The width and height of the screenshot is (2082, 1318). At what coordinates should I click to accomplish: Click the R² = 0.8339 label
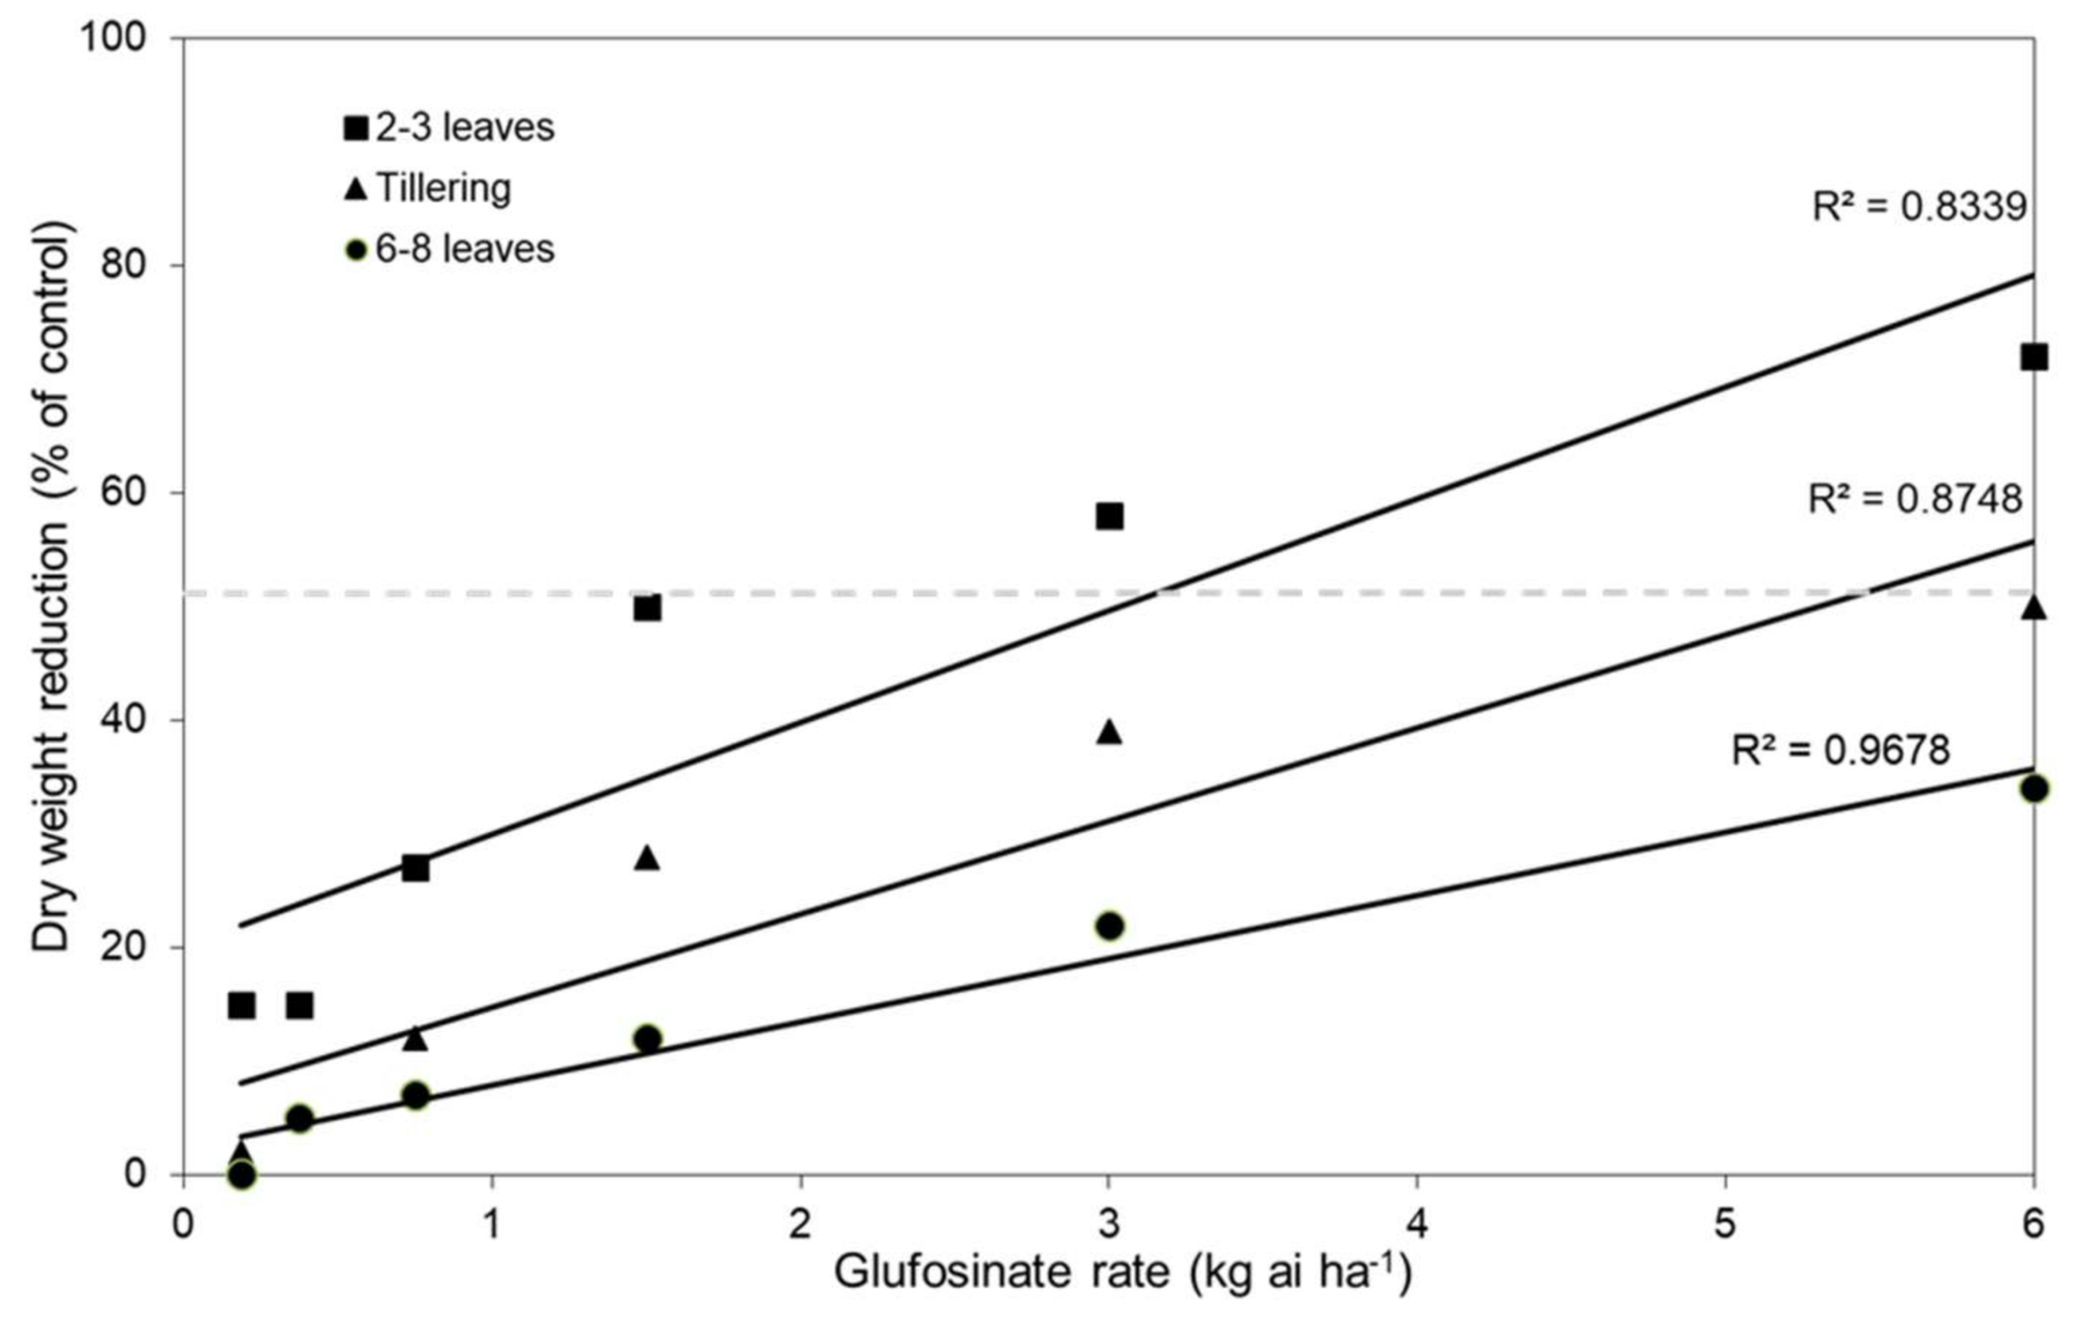[1920, 207]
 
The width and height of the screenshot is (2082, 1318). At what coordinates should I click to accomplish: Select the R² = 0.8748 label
[1916, 498]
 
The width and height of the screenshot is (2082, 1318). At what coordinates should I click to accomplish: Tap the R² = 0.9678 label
[1841, 749]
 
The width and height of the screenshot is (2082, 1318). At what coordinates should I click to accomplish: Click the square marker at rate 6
[2034, 357]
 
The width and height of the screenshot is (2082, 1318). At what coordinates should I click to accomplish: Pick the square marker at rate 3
[1109, 517]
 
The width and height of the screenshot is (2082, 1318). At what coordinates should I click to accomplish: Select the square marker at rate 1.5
[647, 608]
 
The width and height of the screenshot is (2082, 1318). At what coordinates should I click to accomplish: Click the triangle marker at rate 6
[2034, 608]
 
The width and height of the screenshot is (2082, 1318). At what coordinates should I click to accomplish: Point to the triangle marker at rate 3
[1109, 732]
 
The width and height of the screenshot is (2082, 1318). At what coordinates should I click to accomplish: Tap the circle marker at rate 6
[2034, 789]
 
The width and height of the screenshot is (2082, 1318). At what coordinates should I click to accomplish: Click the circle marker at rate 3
[1109, 925]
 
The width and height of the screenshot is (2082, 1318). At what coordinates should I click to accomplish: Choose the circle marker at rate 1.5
[647, 1038]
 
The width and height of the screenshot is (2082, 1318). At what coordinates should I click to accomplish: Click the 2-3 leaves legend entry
[449, 128]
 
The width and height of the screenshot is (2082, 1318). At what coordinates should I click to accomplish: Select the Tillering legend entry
[428, 189]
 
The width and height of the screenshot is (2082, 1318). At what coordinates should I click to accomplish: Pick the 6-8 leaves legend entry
[449, 249]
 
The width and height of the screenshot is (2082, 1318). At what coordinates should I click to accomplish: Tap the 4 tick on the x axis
[1417, 1225]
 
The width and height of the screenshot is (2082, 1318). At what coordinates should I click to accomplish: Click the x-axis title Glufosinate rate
[1123, 1273]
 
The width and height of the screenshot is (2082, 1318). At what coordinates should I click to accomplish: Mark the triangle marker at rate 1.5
[647, 858]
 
